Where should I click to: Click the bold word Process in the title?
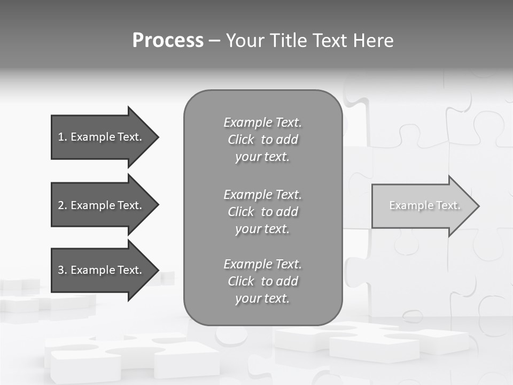[x=168, y=41]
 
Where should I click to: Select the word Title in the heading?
[x=289, y=41]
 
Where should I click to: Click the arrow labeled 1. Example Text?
[x=102, y=137]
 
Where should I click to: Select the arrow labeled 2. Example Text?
[x=102, y=205]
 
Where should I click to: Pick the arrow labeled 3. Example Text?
[x=102, y=270]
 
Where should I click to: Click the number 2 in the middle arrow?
[x=61, y=205]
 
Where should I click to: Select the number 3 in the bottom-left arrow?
[x=61, y=270]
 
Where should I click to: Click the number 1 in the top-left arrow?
[x=60, y=137]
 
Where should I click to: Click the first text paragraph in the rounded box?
[x=262, y=140]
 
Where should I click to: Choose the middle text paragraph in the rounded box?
[x=262, y=212]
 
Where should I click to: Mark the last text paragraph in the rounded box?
[x=262, y=281]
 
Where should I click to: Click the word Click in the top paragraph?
[x=241, y=140]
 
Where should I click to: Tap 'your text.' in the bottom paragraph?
[x=262, y=298]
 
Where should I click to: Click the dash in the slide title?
[x=214, y=41]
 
